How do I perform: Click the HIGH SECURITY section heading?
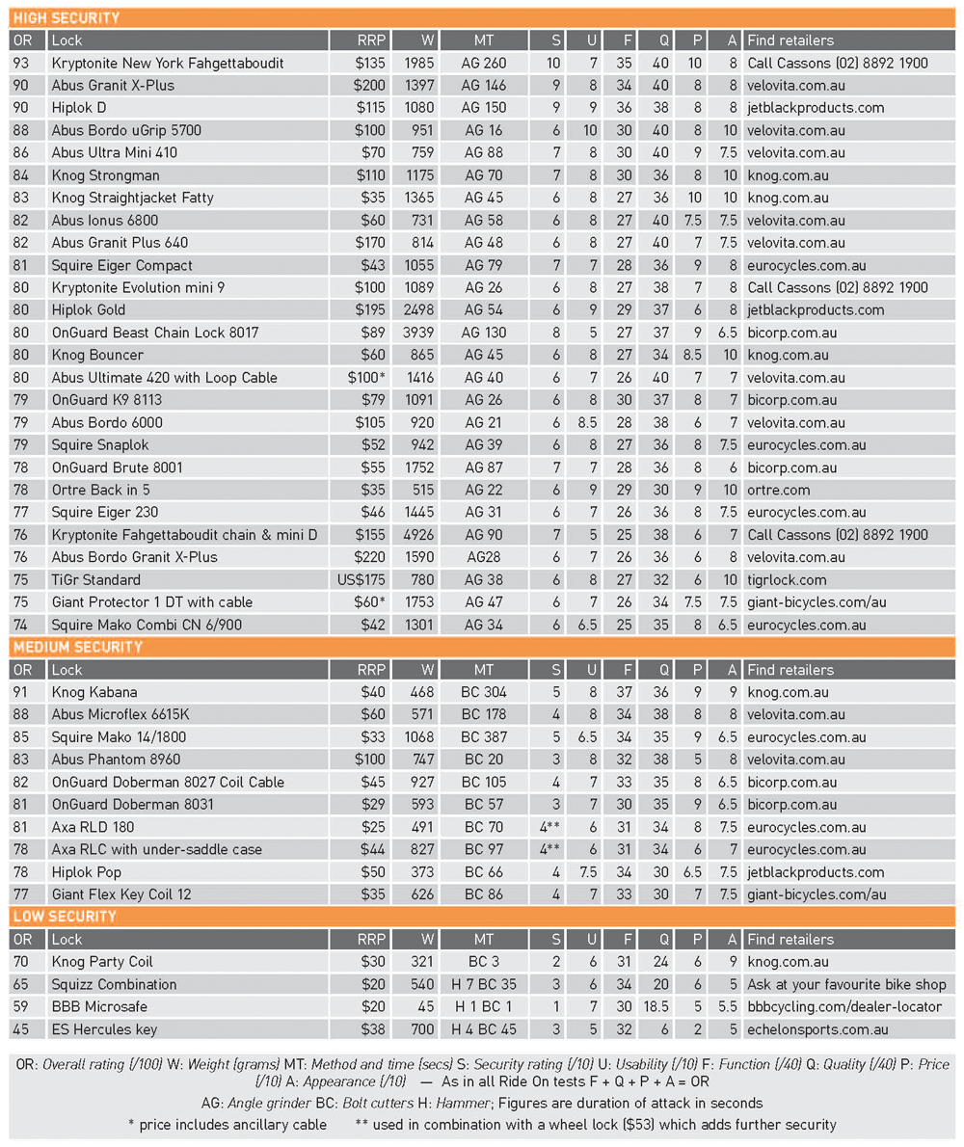pyautogui.click(x=67, y=17)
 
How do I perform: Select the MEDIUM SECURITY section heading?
pyautogui.click(x=77, y=647)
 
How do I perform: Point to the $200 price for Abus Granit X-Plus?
pyautogui.click(x=370, y=85)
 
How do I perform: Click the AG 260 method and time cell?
pyautogui.click(x=484, y=63)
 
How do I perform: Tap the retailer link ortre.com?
pyautogui.click(x=779, y=490)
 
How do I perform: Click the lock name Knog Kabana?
pyautogui.click(x=94, y=692)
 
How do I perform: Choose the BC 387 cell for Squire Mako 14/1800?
pyautogui.click(x=484, y=737)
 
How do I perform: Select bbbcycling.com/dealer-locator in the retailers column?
pyautogui.click(x=843, y=1006)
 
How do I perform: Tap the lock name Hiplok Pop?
pyautogui.click(x=87, y=872)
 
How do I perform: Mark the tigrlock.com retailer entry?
pyautogui.click(x=787, y=579)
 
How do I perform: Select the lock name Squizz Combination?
pyautogui.click(x=114, y=984)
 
